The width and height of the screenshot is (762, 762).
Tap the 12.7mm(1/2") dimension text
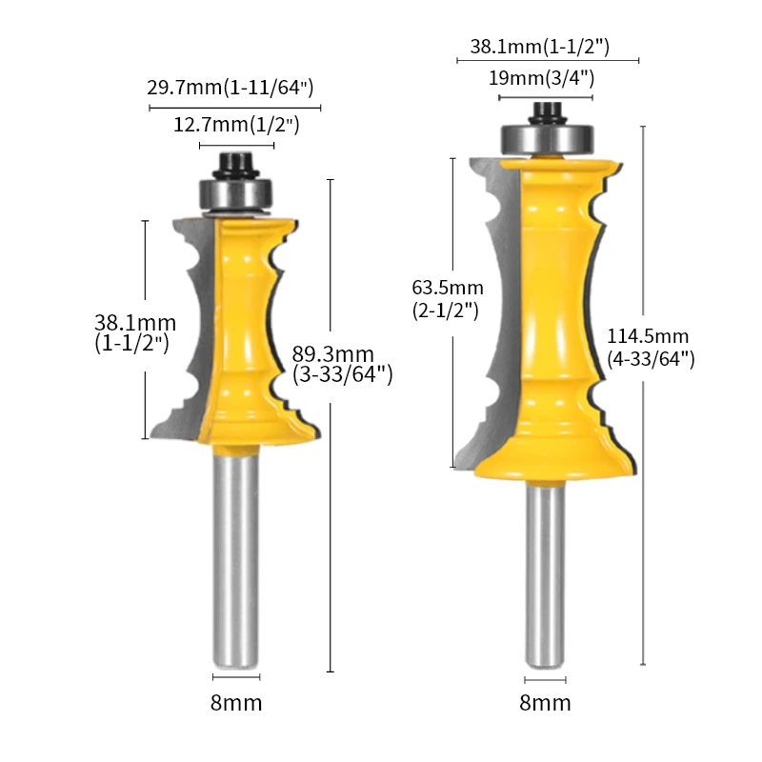click(x=236, y=125)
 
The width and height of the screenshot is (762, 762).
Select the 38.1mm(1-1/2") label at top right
click(x=539, y=45)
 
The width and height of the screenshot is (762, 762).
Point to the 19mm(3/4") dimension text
click(x=541, y=78)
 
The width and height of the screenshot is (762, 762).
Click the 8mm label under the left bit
click(x=235, y=704)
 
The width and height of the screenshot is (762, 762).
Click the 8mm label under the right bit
click(x=545, y=704)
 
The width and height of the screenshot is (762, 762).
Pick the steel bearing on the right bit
click(x=545, y=138)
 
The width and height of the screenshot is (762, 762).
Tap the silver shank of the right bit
click(x=545, y=571)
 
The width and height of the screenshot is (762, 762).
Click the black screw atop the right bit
click(x=545, y=110)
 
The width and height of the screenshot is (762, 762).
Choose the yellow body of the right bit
click(x=552, y=305)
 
